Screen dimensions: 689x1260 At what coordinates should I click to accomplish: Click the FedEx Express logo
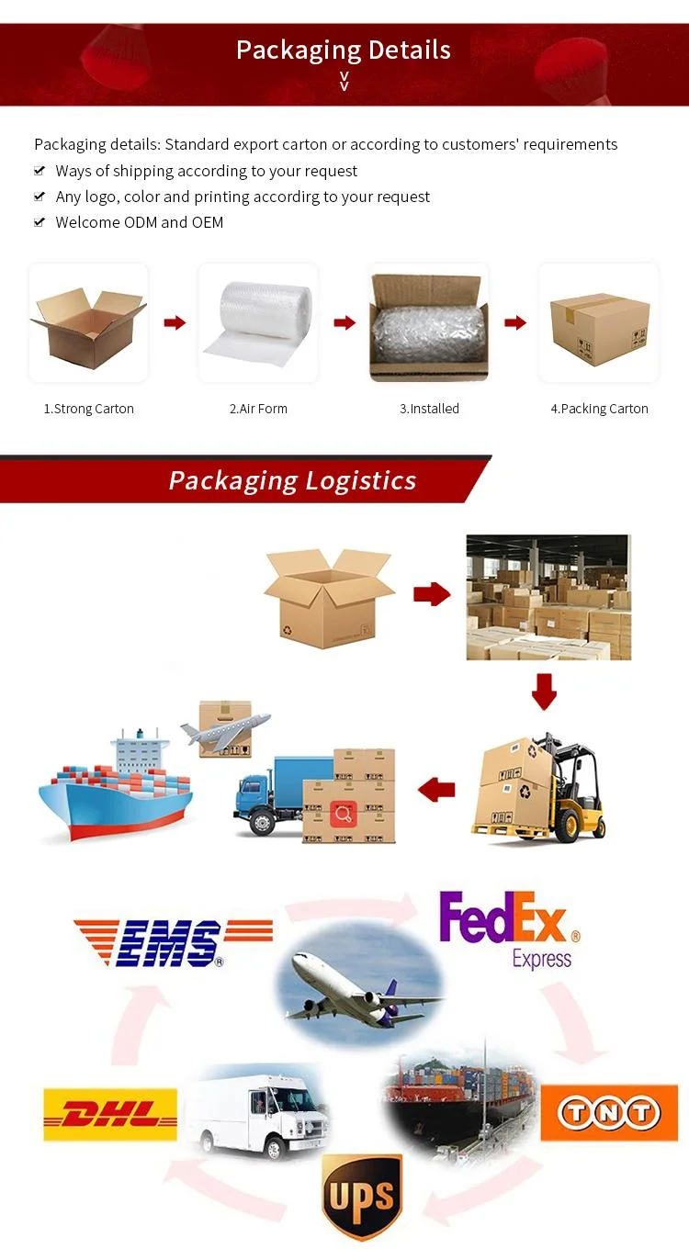coord(509,928)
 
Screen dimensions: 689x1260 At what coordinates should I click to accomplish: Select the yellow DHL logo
coord(110,1115)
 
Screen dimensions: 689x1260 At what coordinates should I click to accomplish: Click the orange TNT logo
coord(609,1113)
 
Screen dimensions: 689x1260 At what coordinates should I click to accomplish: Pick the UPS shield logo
coord(362,1197)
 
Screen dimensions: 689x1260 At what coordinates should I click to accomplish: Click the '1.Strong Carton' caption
coord(89,409)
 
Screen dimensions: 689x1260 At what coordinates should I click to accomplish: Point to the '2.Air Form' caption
coord(258,409)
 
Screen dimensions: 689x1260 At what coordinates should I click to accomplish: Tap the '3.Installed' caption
coord(429,409)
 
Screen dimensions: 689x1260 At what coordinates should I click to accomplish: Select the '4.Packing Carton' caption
coord(599,409)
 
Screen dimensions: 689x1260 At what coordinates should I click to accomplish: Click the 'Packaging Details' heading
coord(344,50)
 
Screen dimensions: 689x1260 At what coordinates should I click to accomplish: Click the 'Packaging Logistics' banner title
coord(292,480)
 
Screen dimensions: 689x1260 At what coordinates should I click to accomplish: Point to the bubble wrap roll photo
coord(258,322)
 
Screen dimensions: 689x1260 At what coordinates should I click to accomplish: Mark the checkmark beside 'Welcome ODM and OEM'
coord(40,222)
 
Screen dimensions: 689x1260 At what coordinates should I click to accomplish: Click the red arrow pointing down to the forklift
coord(545,691)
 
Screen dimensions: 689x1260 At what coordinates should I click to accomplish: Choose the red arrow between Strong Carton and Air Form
coord(175,322)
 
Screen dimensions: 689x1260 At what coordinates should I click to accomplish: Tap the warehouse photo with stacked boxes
coord(548,597)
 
